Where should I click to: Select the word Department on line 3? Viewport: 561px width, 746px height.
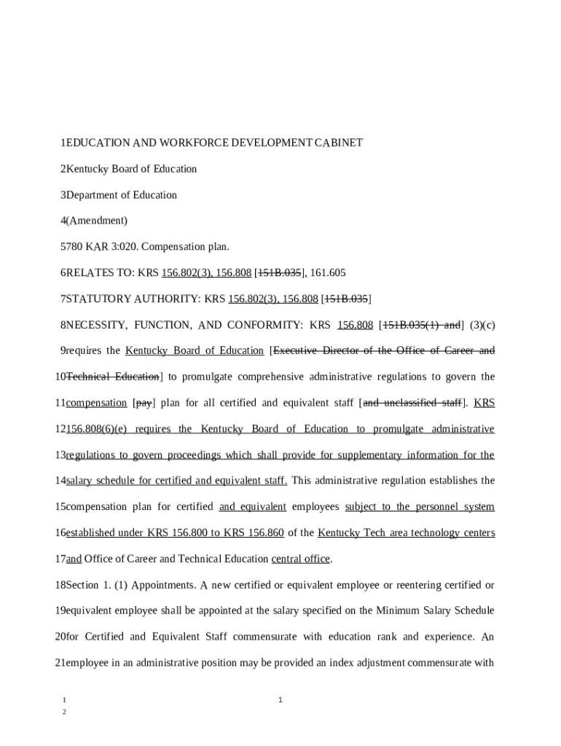pos(92,195)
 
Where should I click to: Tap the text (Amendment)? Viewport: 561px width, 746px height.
pos(96,221)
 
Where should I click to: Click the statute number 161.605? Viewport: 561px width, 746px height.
pos(328,273)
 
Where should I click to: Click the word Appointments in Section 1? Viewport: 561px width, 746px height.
pos(160,585)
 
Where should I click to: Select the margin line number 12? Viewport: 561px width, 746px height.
pos(60,429)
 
